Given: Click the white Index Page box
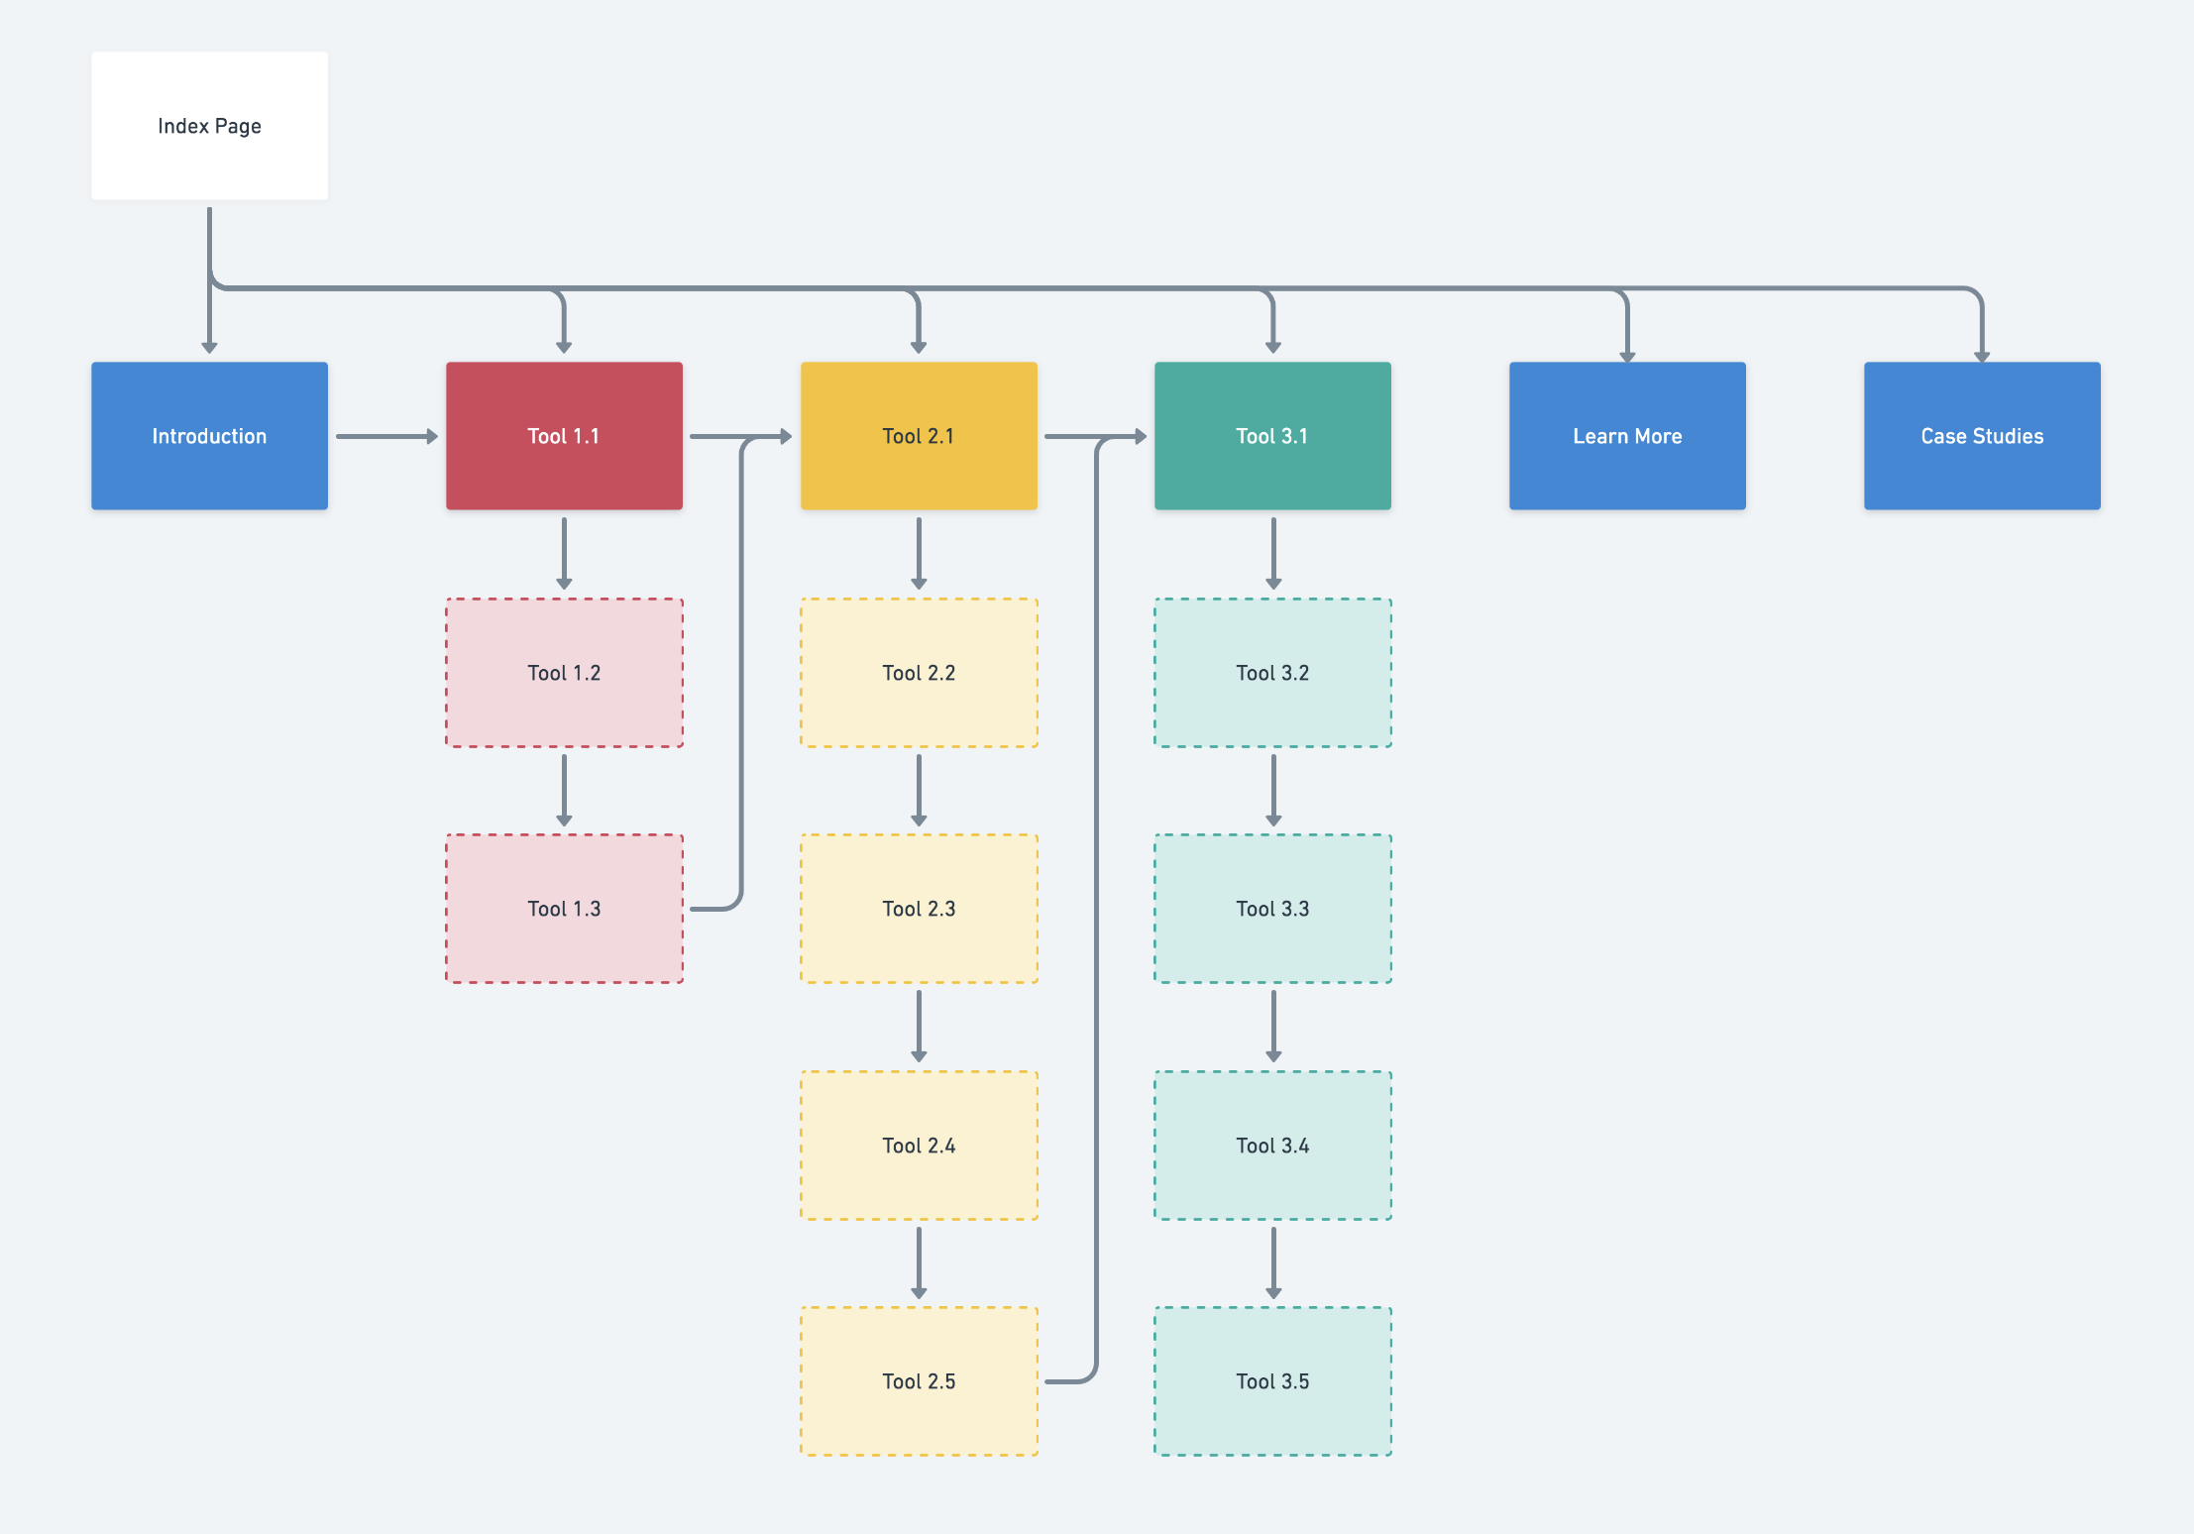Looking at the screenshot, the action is point(209,126).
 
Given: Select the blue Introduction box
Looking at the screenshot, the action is point(209,436).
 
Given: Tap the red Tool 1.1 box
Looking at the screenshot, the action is point(564,436).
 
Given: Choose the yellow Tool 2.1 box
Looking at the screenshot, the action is point(919,436).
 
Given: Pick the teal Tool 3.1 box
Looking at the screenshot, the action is point(1272,436).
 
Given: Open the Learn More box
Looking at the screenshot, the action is point(1627,436).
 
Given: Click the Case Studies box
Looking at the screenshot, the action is point(1982,436).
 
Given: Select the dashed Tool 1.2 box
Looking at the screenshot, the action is point(564,673).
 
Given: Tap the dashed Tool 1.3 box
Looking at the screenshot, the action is point(564,909).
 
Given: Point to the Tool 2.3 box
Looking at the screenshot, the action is point(919,909).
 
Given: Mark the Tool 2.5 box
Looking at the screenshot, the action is point(919,1381).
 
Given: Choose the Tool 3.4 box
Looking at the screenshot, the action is point(1272,1146).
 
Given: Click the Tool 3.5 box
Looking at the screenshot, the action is point(1272,1381).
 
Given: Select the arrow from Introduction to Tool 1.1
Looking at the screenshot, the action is point(386,436).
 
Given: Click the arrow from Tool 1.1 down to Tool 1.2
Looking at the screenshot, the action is point(564,554).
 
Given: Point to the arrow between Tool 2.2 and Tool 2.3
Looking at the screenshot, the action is point(919,791).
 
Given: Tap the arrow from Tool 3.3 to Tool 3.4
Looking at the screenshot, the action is point(1273,1027).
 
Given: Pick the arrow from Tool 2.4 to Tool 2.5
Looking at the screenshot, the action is point(919,1263).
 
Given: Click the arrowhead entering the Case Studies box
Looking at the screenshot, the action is point(1982,357).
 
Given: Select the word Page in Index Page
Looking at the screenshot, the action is point(238,127).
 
